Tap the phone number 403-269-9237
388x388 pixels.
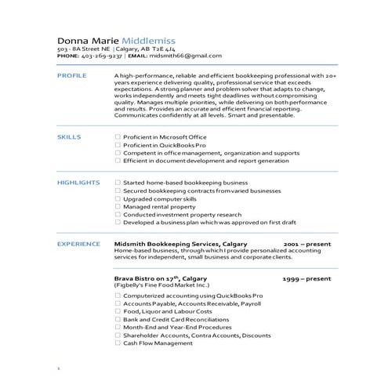[101, 56]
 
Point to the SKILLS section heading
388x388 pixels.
[68, 136]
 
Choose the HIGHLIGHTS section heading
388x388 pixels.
[78, 182]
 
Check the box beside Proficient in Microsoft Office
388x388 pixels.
[118, 136]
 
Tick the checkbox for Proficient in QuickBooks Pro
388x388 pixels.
[118, 144]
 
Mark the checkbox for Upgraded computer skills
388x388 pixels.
[118, 198]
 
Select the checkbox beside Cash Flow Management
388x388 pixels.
[118, 343]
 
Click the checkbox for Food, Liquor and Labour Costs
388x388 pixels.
[118, 311]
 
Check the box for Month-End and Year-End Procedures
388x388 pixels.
[118, 327]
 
